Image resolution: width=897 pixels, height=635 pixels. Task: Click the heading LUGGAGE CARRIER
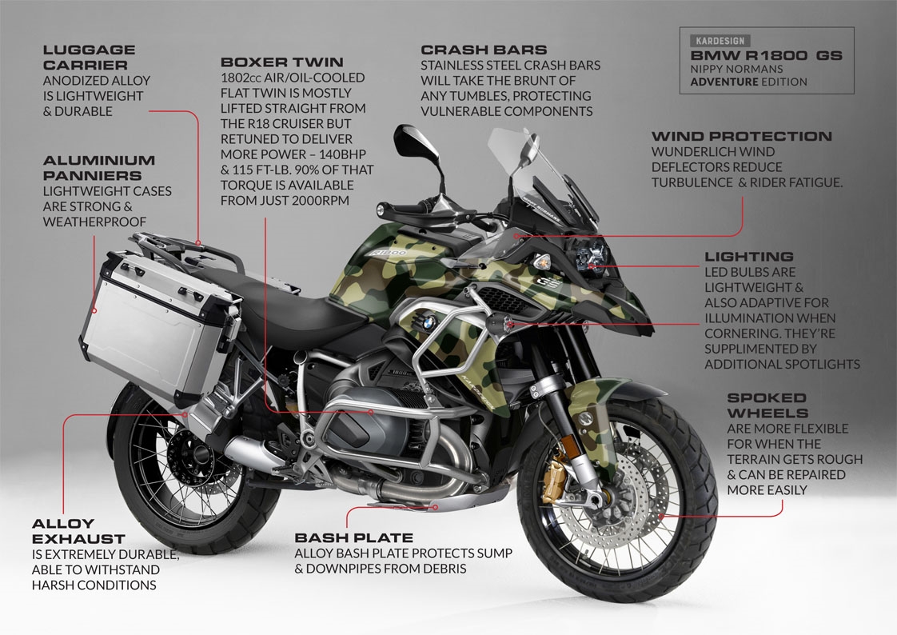tap(89, 57)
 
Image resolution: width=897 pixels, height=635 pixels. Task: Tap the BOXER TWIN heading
tap(281, 62)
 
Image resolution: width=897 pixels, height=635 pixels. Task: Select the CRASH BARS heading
tap(484, 50)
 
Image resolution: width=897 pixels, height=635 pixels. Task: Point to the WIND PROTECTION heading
tap(741, 137)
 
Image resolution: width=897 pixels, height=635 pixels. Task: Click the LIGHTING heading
tap(749, 257)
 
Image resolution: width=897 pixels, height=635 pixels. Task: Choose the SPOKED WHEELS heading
tap(767, 405)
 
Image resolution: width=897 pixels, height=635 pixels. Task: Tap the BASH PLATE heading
tap(353, 537)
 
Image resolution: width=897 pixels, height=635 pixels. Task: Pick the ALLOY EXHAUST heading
tap(78, 531)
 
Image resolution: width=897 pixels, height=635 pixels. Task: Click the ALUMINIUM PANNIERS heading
tap(100, 167)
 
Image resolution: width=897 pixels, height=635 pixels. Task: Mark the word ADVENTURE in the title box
tap(724, 82)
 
